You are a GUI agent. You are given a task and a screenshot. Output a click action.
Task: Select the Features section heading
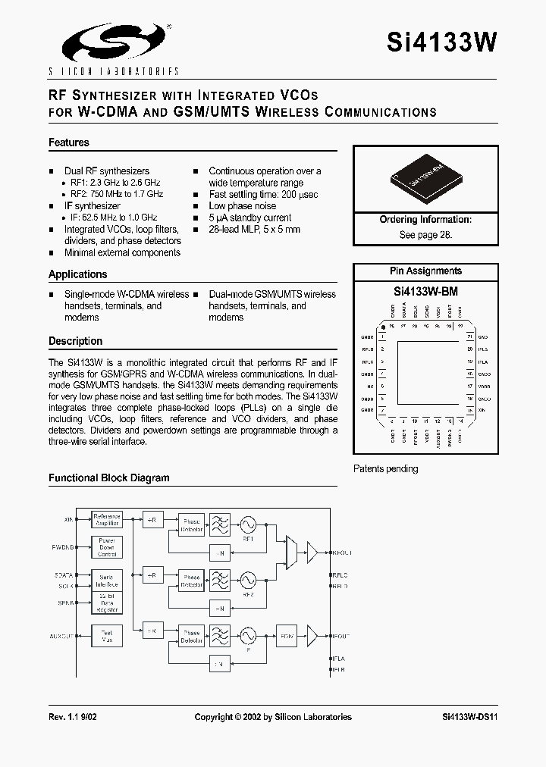point(69,142)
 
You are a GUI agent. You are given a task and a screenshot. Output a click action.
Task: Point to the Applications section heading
point(78,274)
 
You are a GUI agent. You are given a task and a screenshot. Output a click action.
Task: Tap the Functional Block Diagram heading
point(109,478)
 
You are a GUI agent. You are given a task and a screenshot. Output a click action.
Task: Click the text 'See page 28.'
point(425,235)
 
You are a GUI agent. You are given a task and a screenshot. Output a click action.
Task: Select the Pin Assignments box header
point(425,271)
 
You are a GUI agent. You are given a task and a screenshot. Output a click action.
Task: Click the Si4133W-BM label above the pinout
point(425,291)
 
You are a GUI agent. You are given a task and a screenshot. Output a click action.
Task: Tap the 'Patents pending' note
point(386,469)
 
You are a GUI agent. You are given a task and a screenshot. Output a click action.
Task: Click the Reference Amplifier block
point(106,520)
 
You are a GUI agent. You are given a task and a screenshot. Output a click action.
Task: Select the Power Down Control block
point(106,547)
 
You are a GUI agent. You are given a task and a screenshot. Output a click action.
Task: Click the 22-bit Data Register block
point(106,604)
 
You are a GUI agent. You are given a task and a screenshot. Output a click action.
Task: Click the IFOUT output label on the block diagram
point(340,635)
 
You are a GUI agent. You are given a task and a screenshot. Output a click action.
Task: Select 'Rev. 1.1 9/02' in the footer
point(72,717)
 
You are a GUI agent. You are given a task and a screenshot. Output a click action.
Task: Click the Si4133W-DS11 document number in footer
point(469,717)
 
